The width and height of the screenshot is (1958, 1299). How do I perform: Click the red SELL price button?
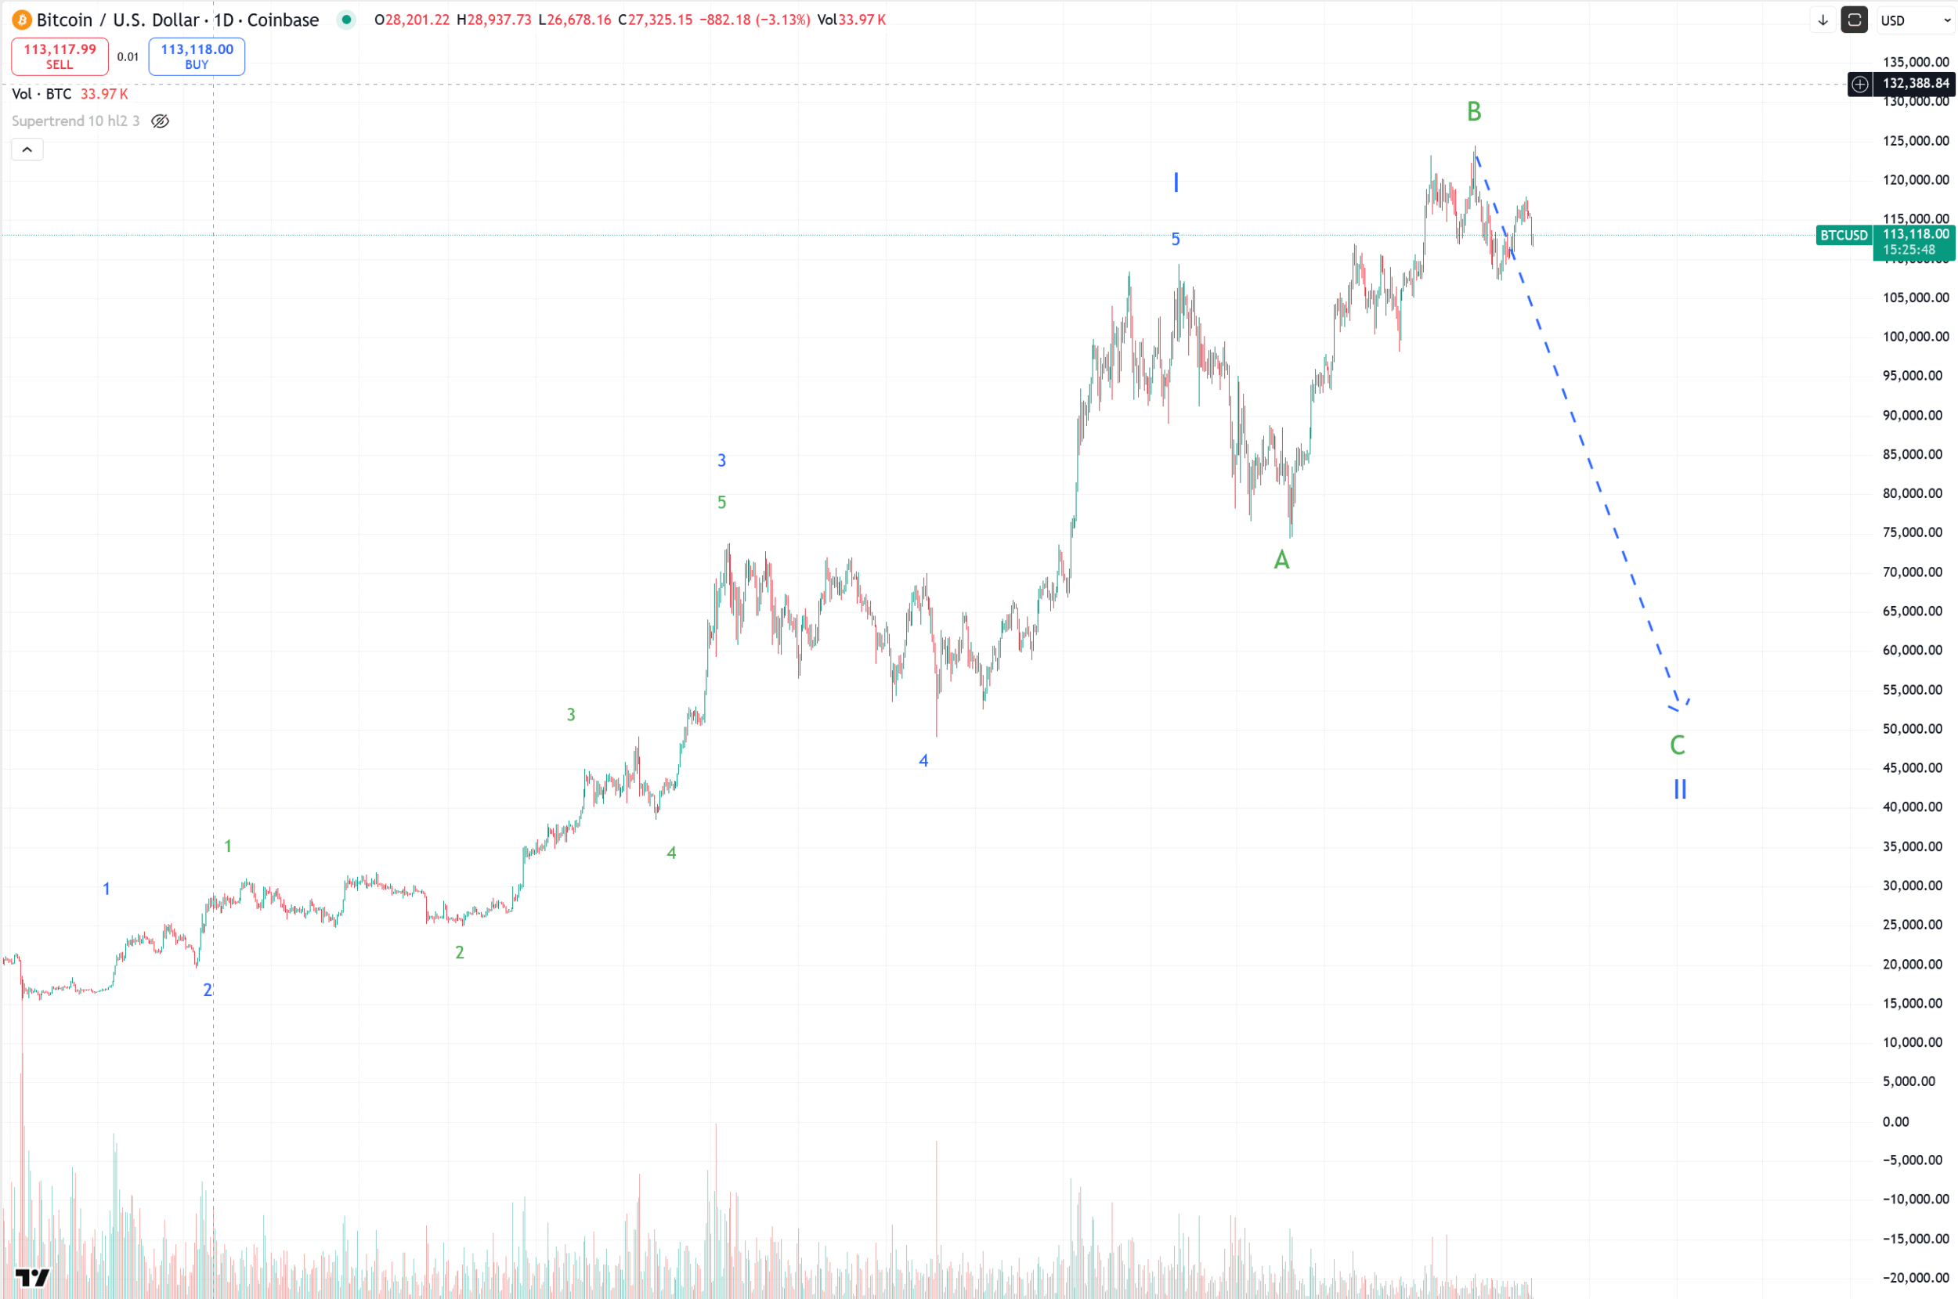60,56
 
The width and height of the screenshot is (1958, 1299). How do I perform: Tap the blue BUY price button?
197,56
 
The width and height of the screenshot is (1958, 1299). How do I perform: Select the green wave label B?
1473,111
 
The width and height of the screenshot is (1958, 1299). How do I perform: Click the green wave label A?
1281,560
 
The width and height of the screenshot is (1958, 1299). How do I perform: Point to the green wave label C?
1677,745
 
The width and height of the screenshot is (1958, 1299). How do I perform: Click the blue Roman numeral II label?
1680,788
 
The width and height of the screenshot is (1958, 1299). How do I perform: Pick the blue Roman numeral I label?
1175,182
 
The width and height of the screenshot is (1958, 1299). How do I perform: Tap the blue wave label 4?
923,760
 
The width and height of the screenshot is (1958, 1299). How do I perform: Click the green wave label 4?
671,853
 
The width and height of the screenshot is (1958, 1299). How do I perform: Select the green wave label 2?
459,953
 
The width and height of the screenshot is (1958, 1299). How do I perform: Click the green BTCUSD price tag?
1843,235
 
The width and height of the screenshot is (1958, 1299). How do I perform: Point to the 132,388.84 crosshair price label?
1915,84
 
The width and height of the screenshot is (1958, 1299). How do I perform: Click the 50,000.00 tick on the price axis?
1912,729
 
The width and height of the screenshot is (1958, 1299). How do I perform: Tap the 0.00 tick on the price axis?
1895,1122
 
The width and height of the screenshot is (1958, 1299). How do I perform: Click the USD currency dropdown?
1915,20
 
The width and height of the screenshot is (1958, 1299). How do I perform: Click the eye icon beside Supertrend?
160,121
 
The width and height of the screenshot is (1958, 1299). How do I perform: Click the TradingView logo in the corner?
32,1277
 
